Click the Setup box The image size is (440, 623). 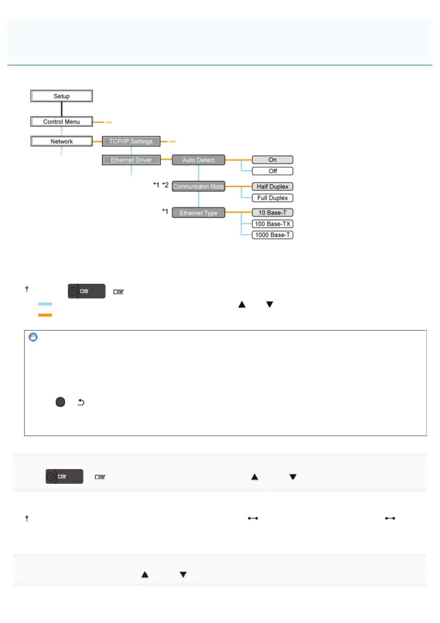61,96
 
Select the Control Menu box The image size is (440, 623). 61,122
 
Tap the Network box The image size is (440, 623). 61,141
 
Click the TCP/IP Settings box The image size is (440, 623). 131,141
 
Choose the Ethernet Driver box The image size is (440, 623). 131,160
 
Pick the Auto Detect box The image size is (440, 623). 198,160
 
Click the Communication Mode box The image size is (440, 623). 198,186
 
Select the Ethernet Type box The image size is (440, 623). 198,213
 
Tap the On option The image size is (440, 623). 273,160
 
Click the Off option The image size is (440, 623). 273,171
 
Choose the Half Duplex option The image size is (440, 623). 273,186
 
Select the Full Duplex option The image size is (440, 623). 273,198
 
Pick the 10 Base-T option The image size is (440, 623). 273,213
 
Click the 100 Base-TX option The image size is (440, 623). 273,224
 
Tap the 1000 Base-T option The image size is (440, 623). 273,235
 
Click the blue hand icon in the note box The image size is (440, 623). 33,337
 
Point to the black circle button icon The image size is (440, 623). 60,402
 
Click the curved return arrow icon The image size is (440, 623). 81,402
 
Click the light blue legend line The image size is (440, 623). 45,304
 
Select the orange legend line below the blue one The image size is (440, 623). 45,315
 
